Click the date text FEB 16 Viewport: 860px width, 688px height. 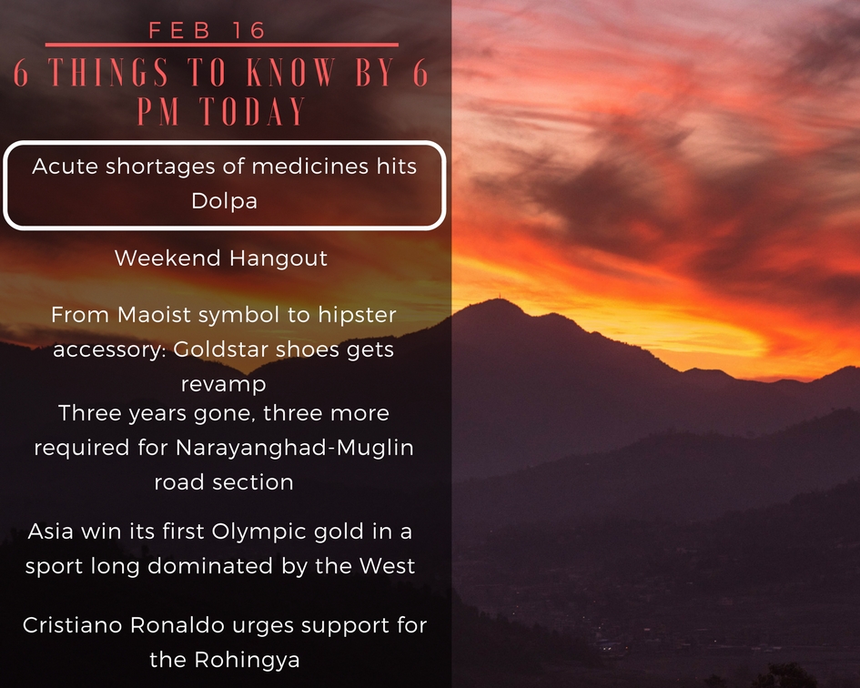[207, 30]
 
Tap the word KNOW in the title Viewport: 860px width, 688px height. [290, 73]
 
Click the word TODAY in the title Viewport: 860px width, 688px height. [252, 111]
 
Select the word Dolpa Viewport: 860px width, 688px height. [224, 201]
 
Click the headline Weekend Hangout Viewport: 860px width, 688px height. [221, 258]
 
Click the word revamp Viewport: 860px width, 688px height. [223, 384]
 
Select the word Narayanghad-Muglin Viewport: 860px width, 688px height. [295, 448]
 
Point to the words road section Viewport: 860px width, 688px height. [224, 482]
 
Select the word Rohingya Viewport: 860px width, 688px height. [247, 660]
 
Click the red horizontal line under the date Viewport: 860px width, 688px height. [221, 45]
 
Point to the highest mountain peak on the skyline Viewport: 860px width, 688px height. [498, 299]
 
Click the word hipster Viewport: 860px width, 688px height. [357, 315]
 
